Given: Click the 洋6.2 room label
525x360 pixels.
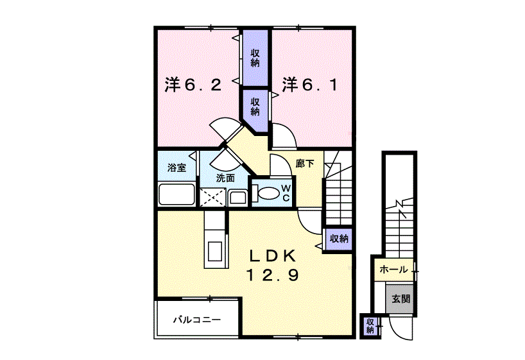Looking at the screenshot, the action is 193,85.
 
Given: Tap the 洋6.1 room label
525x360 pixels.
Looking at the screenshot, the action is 310,85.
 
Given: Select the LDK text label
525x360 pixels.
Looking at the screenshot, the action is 272,256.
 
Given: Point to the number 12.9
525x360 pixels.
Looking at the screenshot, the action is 273,275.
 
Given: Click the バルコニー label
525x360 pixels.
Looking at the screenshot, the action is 197,320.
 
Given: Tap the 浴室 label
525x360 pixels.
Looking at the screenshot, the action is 176,167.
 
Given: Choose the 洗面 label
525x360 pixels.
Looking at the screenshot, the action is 225,178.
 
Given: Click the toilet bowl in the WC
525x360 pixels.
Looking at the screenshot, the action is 267,193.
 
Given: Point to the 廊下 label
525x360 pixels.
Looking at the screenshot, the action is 305,164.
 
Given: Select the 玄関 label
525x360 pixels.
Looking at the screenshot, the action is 400,298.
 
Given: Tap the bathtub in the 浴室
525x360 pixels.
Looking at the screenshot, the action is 176,194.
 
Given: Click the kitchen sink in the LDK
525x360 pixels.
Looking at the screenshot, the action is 215,251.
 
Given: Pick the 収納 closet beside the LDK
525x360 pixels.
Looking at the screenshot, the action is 338,239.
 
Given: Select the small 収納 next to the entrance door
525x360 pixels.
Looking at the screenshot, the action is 370,326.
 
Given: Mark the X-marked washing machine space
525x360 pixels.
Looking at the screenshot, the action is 212,197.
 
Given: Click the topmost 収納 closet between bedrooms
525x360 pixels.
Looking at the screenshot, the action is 255,58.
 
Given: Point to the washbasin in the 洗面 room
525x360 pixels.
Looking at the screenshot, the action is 237,198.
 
